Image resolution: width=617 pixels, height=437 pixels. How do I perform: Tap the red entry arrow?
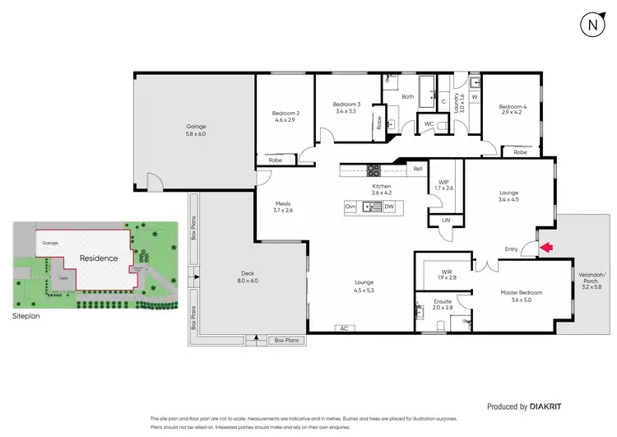click(x=545, y=246)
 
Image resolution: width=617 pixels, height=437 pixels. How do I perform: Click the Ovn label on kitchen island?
click(x=350, y=207)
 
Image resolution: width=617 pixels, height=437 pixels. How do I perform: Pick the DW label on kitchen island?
click(x=388, y=207)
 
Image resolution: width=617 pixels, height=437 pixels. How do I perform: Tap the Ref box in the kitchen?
click(x=418, y=170)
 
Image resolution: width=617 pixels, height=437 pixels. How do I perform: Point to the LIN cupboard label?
click(x=445, y=220)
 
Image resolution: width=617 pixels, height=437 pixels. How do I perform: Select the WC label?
click(x=429, y=124)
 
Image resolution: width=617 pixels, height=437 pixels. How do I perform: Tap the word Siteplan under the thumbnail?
click(x=26, y=315)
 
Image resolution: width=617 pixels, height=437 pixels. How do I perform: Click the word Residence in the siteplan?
click(x=98, y=258)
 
